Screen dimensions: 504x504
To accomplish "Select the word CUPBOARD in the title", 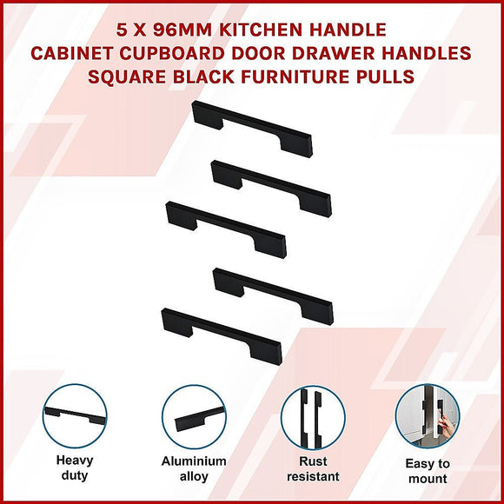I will click(x=185, y=54).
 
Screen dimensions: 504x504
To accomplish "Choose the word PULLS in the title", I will click(x=384, y=76).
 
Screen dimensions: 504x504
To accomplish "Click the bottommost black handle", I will click(x=222, y=332).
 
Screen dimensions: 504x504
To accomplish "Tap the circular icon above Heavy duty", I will click(x=75, y=416).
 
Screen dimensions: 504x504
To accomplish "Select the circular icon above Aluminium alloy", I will click(x=193, y=416).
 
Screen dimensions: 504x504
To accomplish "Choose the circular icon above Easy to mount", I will click(x=428, y=416).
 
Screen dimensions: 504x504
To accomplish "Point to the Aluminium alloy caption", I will click(x=193, y=469).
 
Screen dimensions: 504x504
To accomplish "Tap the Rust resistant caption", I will click(x=312, y=469).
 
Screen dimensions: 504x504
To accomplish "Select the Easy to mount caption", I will click(x=428, y=471).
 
